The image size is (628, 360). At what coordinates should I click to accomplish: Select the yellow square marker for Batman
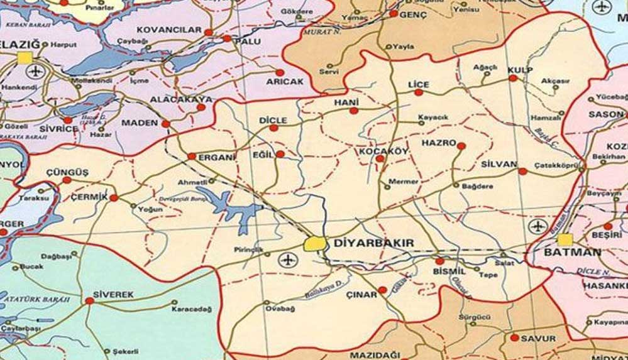(x=566, y=240)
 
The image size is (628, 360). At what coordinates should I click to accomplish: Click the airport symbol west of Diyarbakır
(x=287, y=258)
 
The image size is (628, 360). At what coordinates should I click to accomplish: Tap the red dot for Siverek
(x=89, y=302)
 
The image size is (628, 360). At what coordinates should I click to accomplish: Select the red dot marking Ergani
(x=192, y=156)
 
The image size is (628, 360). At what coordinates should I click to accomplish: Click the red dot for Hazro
(x=461, y=146)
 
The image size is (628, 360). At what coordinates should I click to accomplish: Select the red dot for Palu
(x=226, y=39)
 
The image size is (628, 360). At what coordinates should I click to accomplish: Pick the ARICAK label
(x=285, y=82)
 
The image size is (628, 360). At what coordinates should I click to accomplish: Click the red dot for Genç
(x=394, y=13)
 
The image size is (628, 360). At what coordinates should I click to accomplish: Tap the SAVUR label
(x=538, y=339)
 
